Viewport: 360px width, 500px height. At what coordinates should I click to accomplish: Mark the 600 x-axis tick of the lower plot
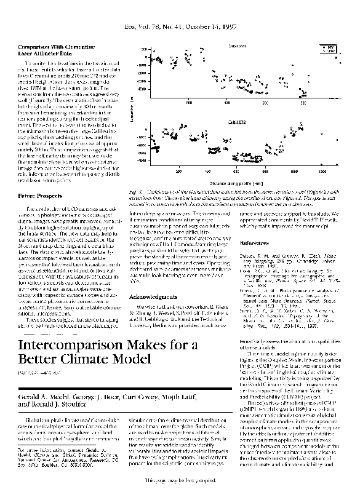coord(236,172)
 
